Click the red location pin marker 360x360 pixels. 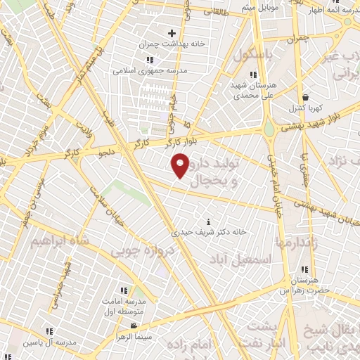pos(181,165)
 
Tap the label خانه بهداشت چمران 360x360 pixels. pos(172,43)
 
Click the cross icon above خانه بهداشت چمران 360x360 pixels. pos(172,32)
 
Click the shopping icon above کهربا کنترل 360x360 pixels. pos(304,98)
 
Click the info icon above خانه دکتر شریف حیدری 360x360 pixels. pos(206,221)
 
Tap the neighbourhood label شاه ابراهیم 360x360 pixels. pos(60,240)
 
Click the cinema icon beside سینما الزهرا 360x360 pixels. pos(133,326)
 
